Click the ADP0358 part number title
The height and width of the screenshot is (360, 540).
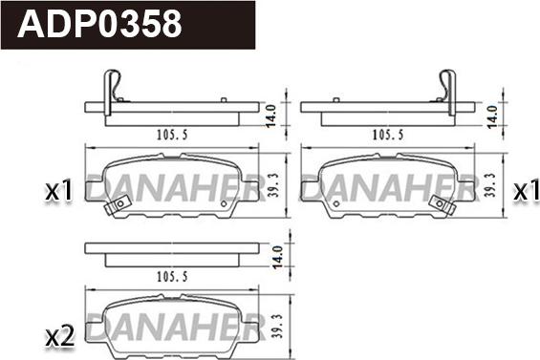(99, 24)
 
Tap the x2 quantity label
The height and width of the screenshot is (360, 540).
(60, 336)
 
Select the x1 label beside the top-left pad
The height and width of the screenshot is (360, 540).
(59, 191)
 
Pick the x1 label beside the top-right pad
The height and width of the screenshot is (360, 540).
(527, 191)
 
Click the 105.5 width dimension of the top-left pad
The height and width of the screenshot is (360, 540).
(172, 135)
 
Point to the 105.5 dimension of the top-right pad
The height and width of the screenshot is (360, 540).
(388, 135)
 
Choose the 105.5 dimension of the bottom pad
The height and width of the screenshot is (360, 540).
(172, 276)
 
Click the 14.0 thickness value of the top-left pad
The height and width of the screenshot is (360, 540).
(271, 116)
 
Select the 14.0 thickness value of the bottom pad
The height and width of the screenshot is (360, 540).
(277, 257)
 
